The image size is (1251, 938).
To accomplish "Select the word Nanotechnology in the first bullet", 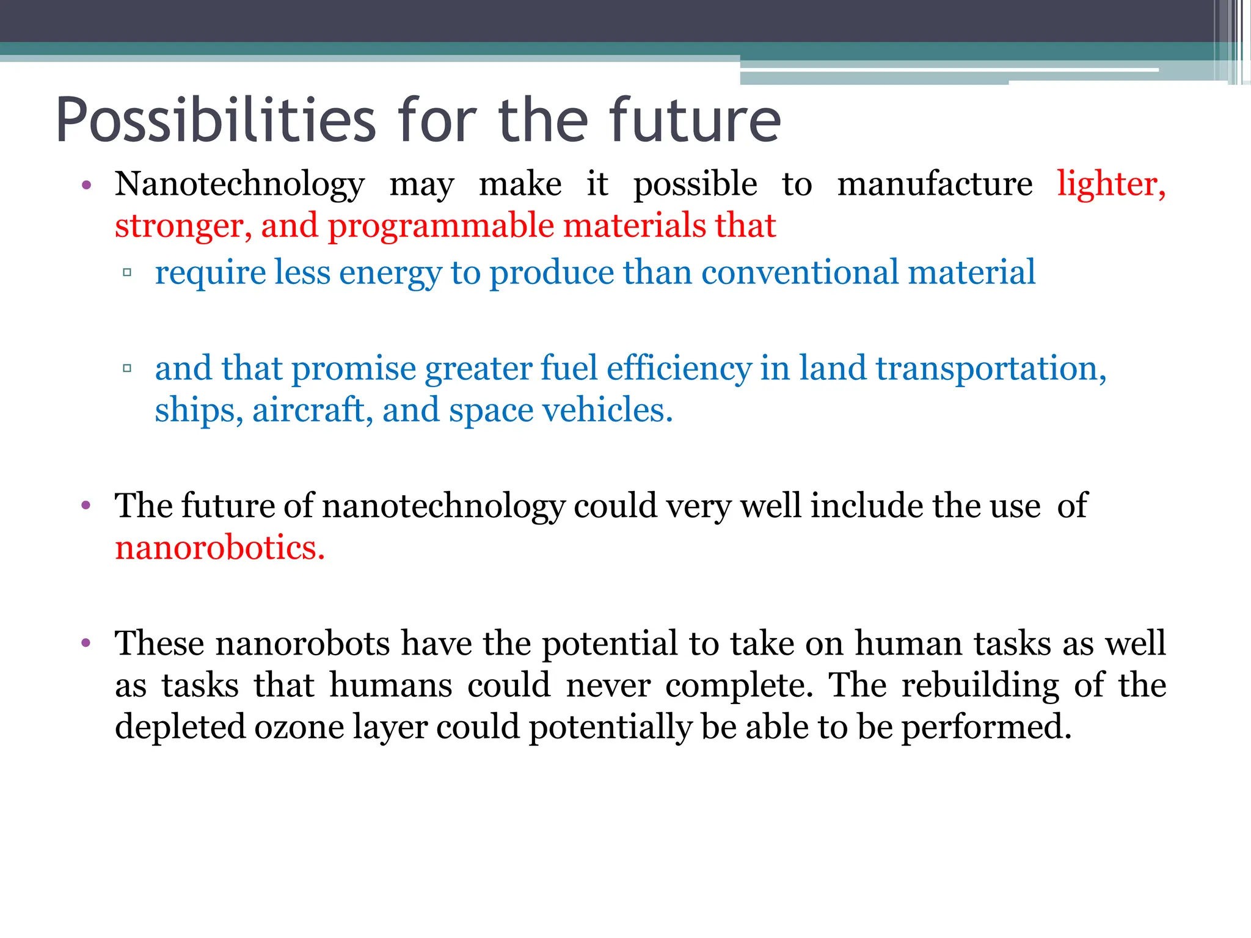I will click(x=239, y=184).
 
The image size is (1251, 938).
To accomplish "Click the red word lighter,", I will click(x=1111, y=184).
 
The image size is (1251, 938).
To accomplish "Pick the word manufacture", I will click(x=935, y=184).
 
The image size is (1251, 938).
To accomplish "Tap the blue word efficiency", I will click(x=679, y=369).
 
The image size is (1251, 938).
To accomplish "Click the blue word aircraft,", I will click(x=312, y=410).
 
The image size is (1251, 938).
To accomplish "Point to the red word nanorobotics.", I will click(x=219, y=547).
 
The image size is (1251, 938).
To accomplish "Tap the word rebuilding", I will click(x=980, y=685).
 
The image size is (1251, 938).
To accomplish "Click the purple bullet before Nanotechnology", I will click(x=86, y=185).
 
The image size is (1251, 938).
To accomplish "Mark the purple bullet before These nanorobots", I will click(x=86, y=644).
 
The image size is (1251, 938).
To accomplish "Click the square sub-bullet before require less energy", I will click(x=128, y=272).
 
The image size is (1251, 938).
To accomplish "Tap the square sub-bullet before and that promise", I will click(x=128, y=368).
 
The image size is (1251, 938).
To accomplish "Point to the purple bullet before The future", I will click(x=86, y=506).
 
